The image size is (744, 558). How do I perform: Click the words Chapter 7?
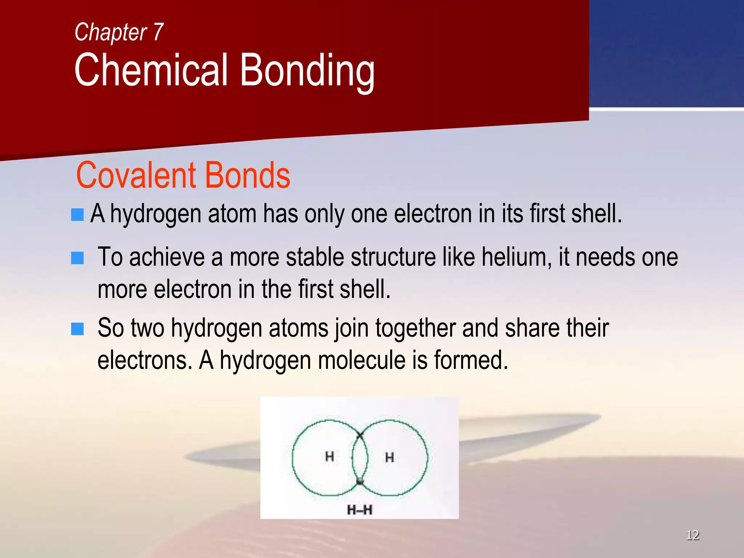coord(119,32)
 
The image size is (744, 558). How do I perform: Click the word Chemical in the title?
coord(151,70)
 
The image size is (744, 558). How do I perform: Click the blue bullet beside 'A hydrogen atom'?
coord(77,214)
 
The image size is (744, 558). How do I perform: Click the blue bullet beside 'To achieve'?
coord(77,258)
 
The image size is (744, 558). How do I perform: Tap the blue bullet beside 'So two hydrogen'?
coord(77,329)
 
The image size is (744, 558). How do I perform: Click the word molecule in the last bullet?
coord(361,360)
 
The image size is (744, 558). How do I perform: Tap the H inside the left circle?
coord(329,456)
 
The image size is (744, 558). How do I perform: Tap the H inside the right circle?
coord(389,457)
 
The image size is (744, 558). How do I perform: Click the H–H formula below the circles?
coord(360,510)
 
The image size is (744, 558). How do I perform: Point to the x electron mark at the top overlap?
coord(360,434)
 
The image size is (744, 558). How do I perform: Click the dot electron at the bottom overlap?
coord(360,482)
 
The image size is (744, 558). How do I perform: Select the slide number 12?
coord(692,535)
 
